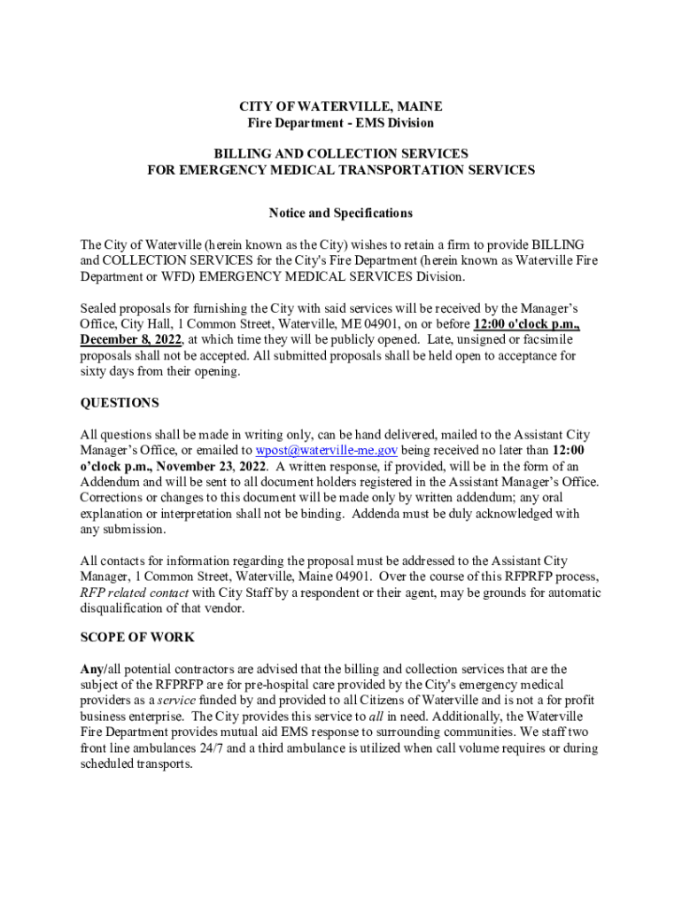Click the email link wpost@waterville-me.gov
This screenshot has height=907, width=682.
tap(325, 451)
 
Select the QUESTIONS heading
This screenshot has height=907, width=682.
tap(120, 403)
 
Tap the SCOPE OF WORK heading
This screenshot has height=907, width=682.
tap(137, 638)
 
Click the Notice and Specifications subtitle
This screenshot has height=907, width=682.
tap(340, 213)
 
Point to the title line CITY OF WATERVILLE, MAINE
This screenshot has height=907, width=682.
tap(340, 106)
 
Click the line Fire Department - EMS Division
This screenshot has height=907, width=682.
tap(340, 123)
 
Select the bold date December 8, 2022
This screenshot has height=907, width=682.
tap(131, 340)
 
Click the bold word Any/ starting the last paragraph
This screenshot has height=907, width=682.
tap(93, 670)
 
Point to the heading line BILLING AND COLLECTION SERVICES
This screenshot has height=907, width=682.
tap(340, 154)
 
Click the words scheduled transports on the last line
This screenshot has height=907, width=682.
tap(136, 764)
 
